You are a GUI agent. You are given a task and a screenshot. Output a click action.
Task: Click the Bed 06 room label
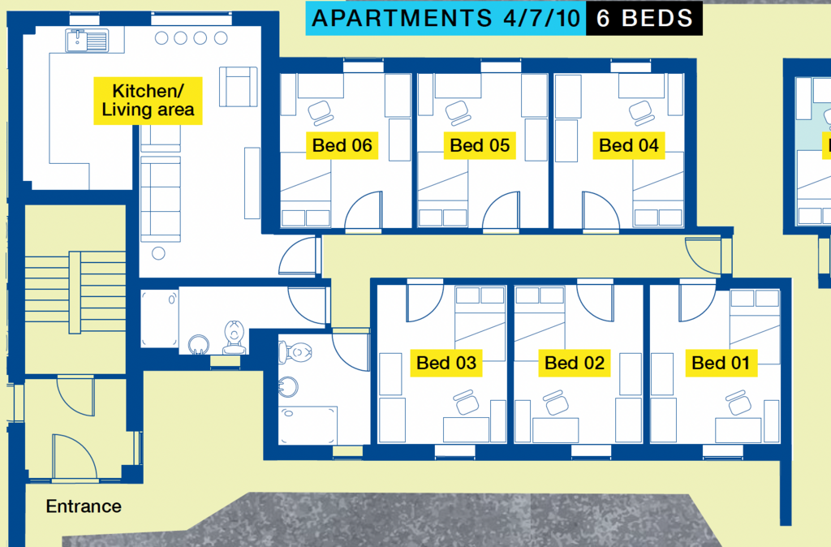342,145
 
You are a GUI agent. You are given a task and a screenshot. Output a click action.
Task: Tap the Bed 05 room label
480,145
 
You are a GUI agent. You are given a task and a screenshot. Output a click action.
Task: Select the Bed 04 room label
629,145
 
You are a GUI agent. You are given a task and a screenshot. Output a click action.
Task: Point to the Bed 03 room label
446,363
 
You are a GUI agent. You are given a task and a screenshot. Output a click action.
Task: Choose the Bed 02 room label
575,363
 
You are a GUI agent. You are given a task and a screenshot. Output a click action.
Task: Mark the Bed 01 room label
721,363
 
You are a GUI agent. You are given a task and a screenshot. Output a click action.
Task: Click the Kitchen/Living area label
148,101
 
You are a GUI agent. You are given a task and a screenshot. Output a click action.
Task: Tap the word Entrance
84,506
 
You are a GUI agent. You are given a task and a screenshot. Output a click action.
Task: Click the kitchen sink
87,41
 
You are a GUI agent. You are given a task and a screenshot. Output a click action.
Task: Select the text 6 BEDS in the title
644,19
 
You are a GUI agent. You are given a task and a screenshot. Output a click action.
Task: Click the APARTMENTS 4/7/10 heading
446,19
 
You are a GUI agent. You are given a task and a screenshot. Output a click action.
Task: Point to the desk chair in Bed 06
320,113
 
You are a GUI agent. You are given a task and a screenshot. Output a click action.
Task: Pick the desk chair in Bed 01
738,403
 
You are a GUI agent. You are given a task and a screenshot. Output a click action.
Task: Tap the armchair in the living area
239,86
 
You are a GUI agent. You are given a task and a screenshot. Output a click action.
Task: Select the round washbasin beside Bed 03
287,386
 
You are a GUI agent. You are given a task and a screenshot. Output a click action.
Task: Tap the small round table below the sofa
158,253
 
